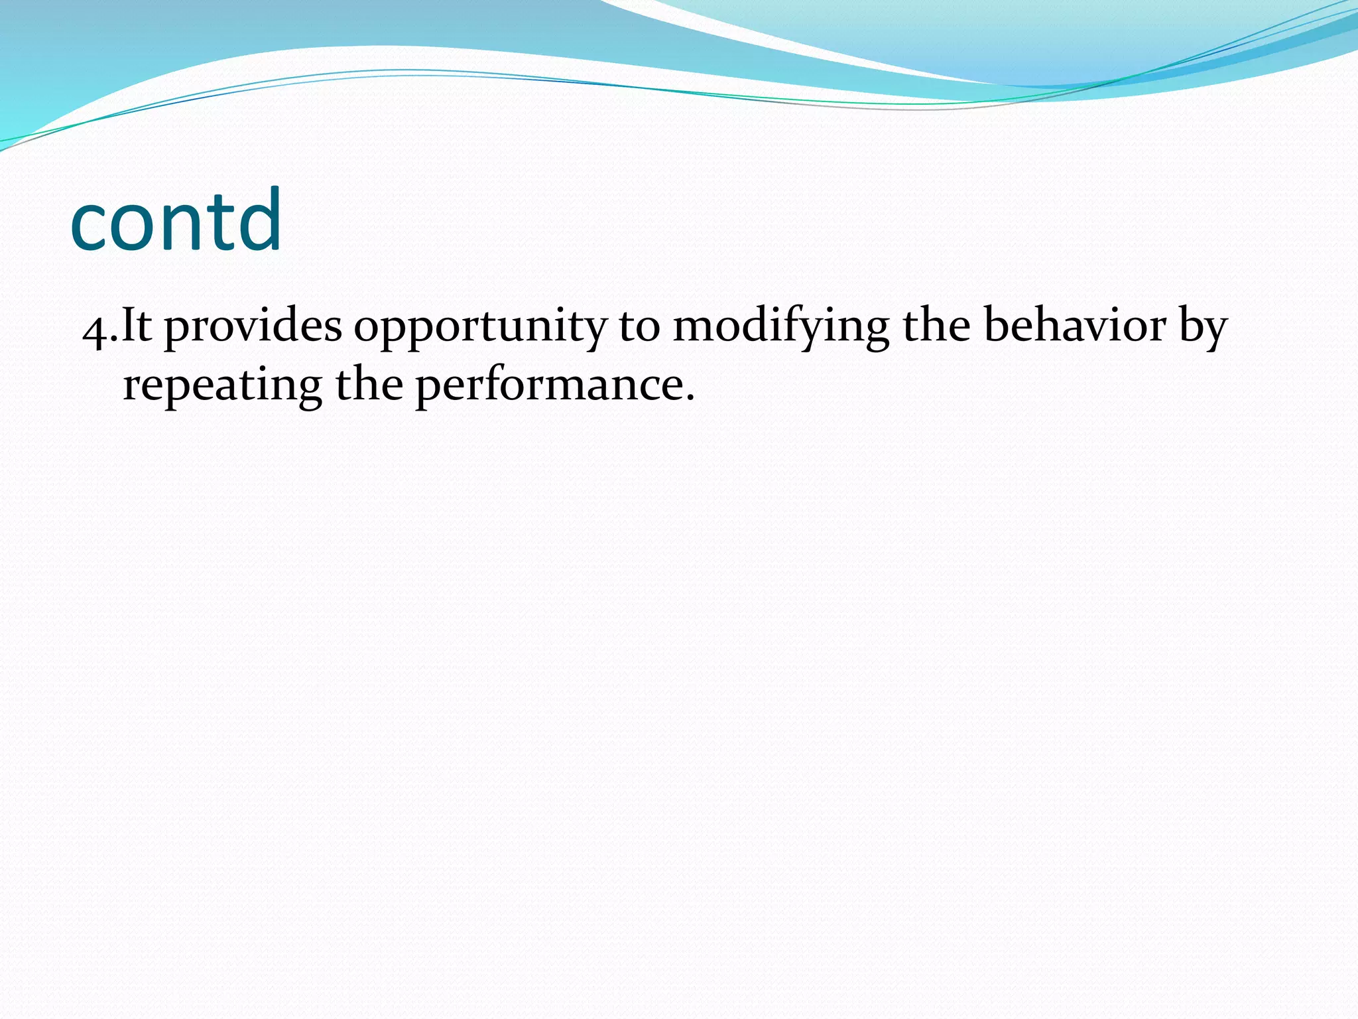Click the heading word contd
176,222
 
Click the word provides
253,326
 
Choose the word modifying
780,326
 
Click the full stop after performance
690,398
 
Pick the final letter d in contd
259,219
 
